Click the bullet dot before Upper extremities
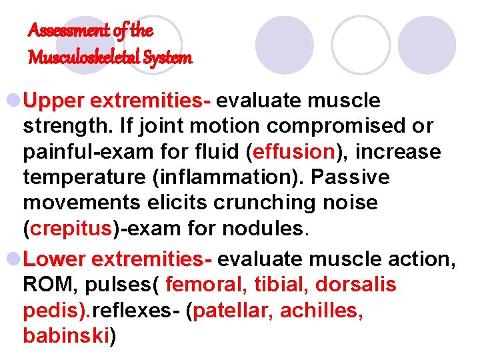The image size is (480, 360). [13, 101]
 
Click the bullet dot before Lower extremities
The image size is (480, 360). [13, 259]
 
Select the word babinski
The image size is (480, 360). [66, 337]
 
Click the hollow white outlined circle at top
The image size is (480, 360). [360, 45]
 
